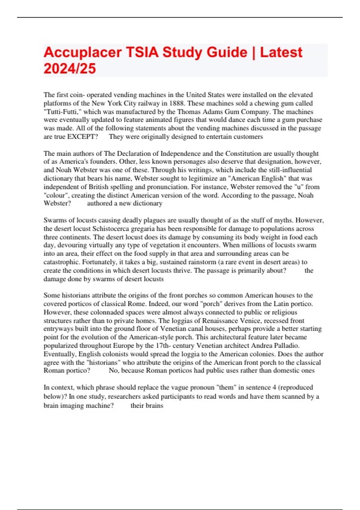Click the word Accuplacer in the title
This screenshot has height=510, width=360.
click(x=82, y=52)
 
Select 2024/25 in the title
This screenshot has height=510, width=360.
click(x=70, y=68)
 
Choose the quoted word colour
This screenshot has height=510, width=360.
click(x=56, y=195)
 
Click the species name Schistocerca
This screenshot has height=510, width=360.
click(x=112, y=229)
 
